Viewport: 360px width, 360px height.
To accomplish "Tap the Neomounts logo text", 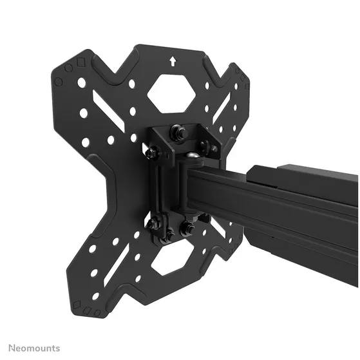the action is pyautogui.click(x=34, y=348).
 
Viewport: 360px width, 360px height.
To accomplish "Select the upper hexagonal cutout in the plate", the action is pyautogui.click(x=171, y=93).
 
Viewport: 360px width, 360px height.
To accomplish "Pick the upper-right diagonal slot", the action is pyautogui.click(x=222, y=108).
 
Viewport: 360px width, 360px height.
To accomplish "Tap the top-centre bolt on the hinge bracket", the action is pyautogui.click(x=179, y=133).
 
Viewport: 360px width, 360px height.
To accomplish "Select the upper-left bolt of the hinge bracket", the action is pyautogui.click(x=151, y=151).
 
